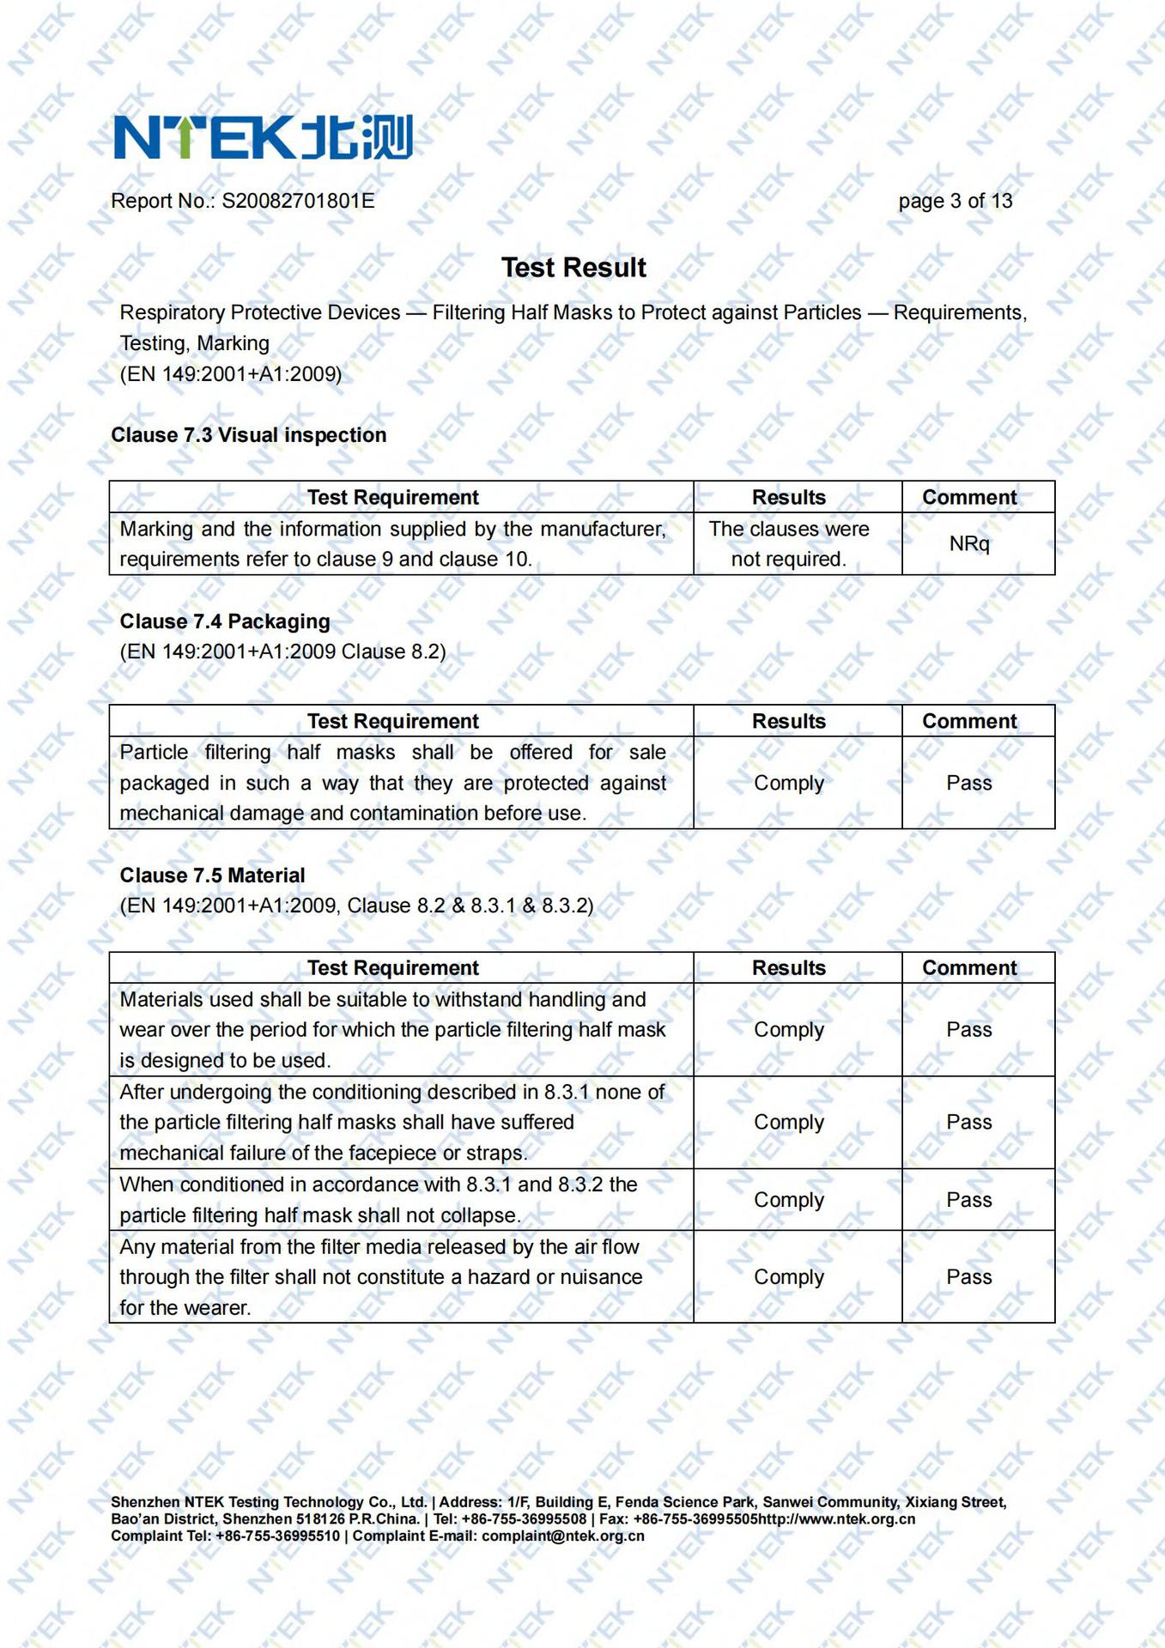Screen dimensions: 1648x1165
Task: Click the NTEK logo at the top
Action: tap(263, 137)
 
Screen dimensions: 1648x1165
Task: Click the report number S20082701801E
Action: tap(298, 201)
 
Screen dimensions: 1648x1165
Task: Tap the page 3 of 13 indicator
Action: tap(955, 201)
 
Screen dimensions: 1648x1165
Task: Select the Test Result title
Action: tap(573, 268)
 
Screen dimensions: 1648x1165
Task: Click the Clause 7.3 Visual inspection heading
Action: tap(249, 435)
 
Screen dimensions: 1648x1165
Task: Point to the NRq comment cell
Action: tap(969, 543)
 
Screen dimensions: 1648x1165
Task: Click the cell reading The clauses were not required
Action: tap(789, 544)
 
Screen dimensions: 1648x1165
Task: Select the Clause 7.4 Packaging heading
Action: tap(225, 621)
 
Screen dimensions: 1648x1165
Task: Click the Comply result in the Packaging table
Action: tap(789, 783)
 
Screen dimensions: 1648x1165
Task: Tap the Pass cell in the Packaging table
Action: tap(969, 783)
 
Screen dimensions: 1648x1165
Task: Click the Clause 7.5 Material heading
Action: tap(213, 875)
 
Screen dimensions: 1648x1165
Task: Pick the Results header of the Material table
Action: tap(789, 968)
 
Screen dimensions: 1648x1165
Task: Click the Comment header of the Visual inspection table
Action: tap(969, 498)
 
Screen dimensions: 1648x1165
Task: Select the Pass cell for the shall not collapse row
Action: tap(969, 1200)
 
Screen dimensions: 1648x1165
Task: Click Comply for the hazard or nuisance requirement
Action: tap(789, 1277)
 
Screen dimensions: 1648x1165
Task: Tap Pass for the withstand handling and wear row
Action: tap(969, 1030)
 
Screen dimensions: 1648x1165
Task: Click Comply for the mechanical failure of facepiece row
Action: tap(789, 1123)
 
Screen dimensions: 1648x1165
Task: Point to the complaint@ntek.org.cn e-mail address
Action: tap(562, 1536)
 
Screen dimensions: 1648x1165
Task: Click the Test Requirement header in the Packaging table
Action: tap(393, 722)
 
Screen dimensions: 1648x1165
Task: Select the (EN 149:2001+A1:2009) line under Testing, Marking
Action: tap(231, 374)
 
